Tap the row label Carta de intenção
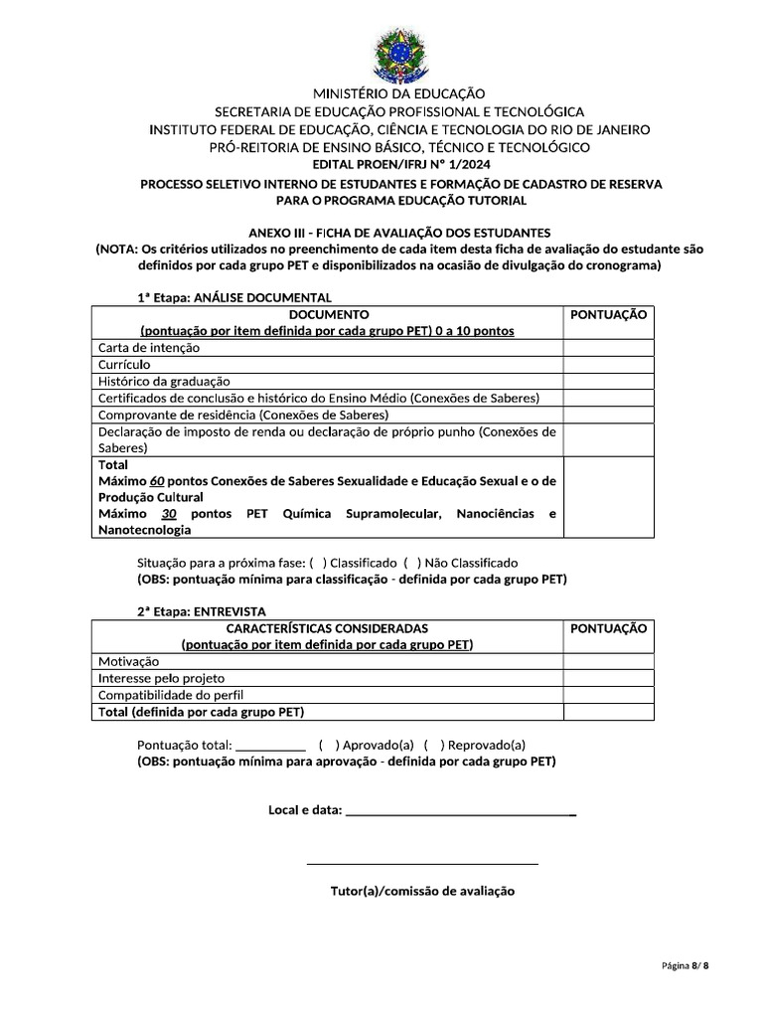[149, 348]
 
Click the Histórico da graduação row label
[164, 381]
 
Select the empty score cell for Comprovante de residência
[609, 415]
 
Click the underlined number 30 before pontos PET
[169, 513]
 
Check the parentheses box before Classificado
[317, 563]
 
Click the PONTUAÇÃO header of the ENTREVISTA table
[609, 628]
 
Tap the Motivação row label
[128, 661]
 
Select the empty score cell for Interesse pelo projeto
[609, 678]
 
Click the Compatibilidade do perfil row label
[171, 695]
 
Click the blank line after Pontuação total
[272, 745]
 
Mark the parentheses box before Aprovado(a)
[328, 745]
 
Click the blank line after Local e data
[460, 811]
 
